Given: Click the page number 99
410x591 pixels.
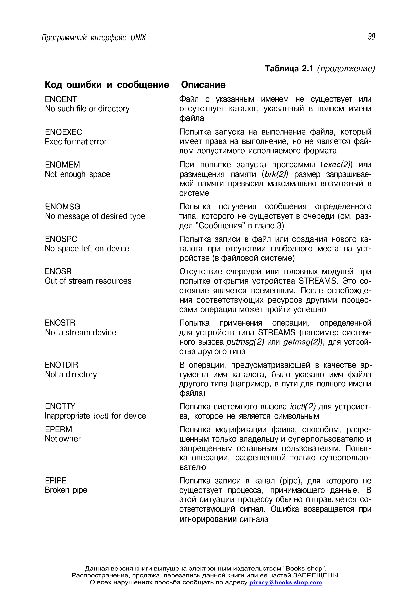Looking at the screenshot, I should [x=371, y=37].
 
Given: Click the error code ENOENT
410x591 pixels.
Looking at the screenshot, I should [x=61, y=99].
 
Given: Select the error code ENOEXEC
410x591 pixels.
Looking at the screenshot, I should [x=63, y=132].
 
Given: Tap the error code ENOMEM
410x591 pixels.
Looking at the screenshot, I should [x=62, y=165].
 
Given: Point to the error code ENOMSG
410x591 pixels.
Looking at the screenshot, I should [x=63, y=207].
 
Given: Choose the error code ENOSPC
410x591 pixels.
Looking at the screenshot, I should [x=61, y=239].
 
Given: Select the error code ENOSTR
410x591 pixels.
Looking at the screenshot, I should [x=60, y=323].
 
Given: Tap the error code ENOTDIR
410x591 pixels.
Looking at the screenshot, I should [x=61, y=365].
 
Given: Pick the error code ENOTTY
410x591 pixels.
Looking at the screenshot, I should [x=60, y=406].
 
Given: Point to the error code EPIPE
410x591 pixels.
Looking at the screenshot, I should [x=56, y=481].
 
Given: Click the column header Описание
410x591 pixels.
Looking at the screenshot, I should [x=203, y=85].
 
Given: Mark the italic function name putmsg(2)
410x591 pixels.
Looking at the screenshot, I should [x=245, y=342].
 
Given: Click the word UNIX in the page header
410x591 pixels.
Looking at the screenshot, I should [x=138, y=38].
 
